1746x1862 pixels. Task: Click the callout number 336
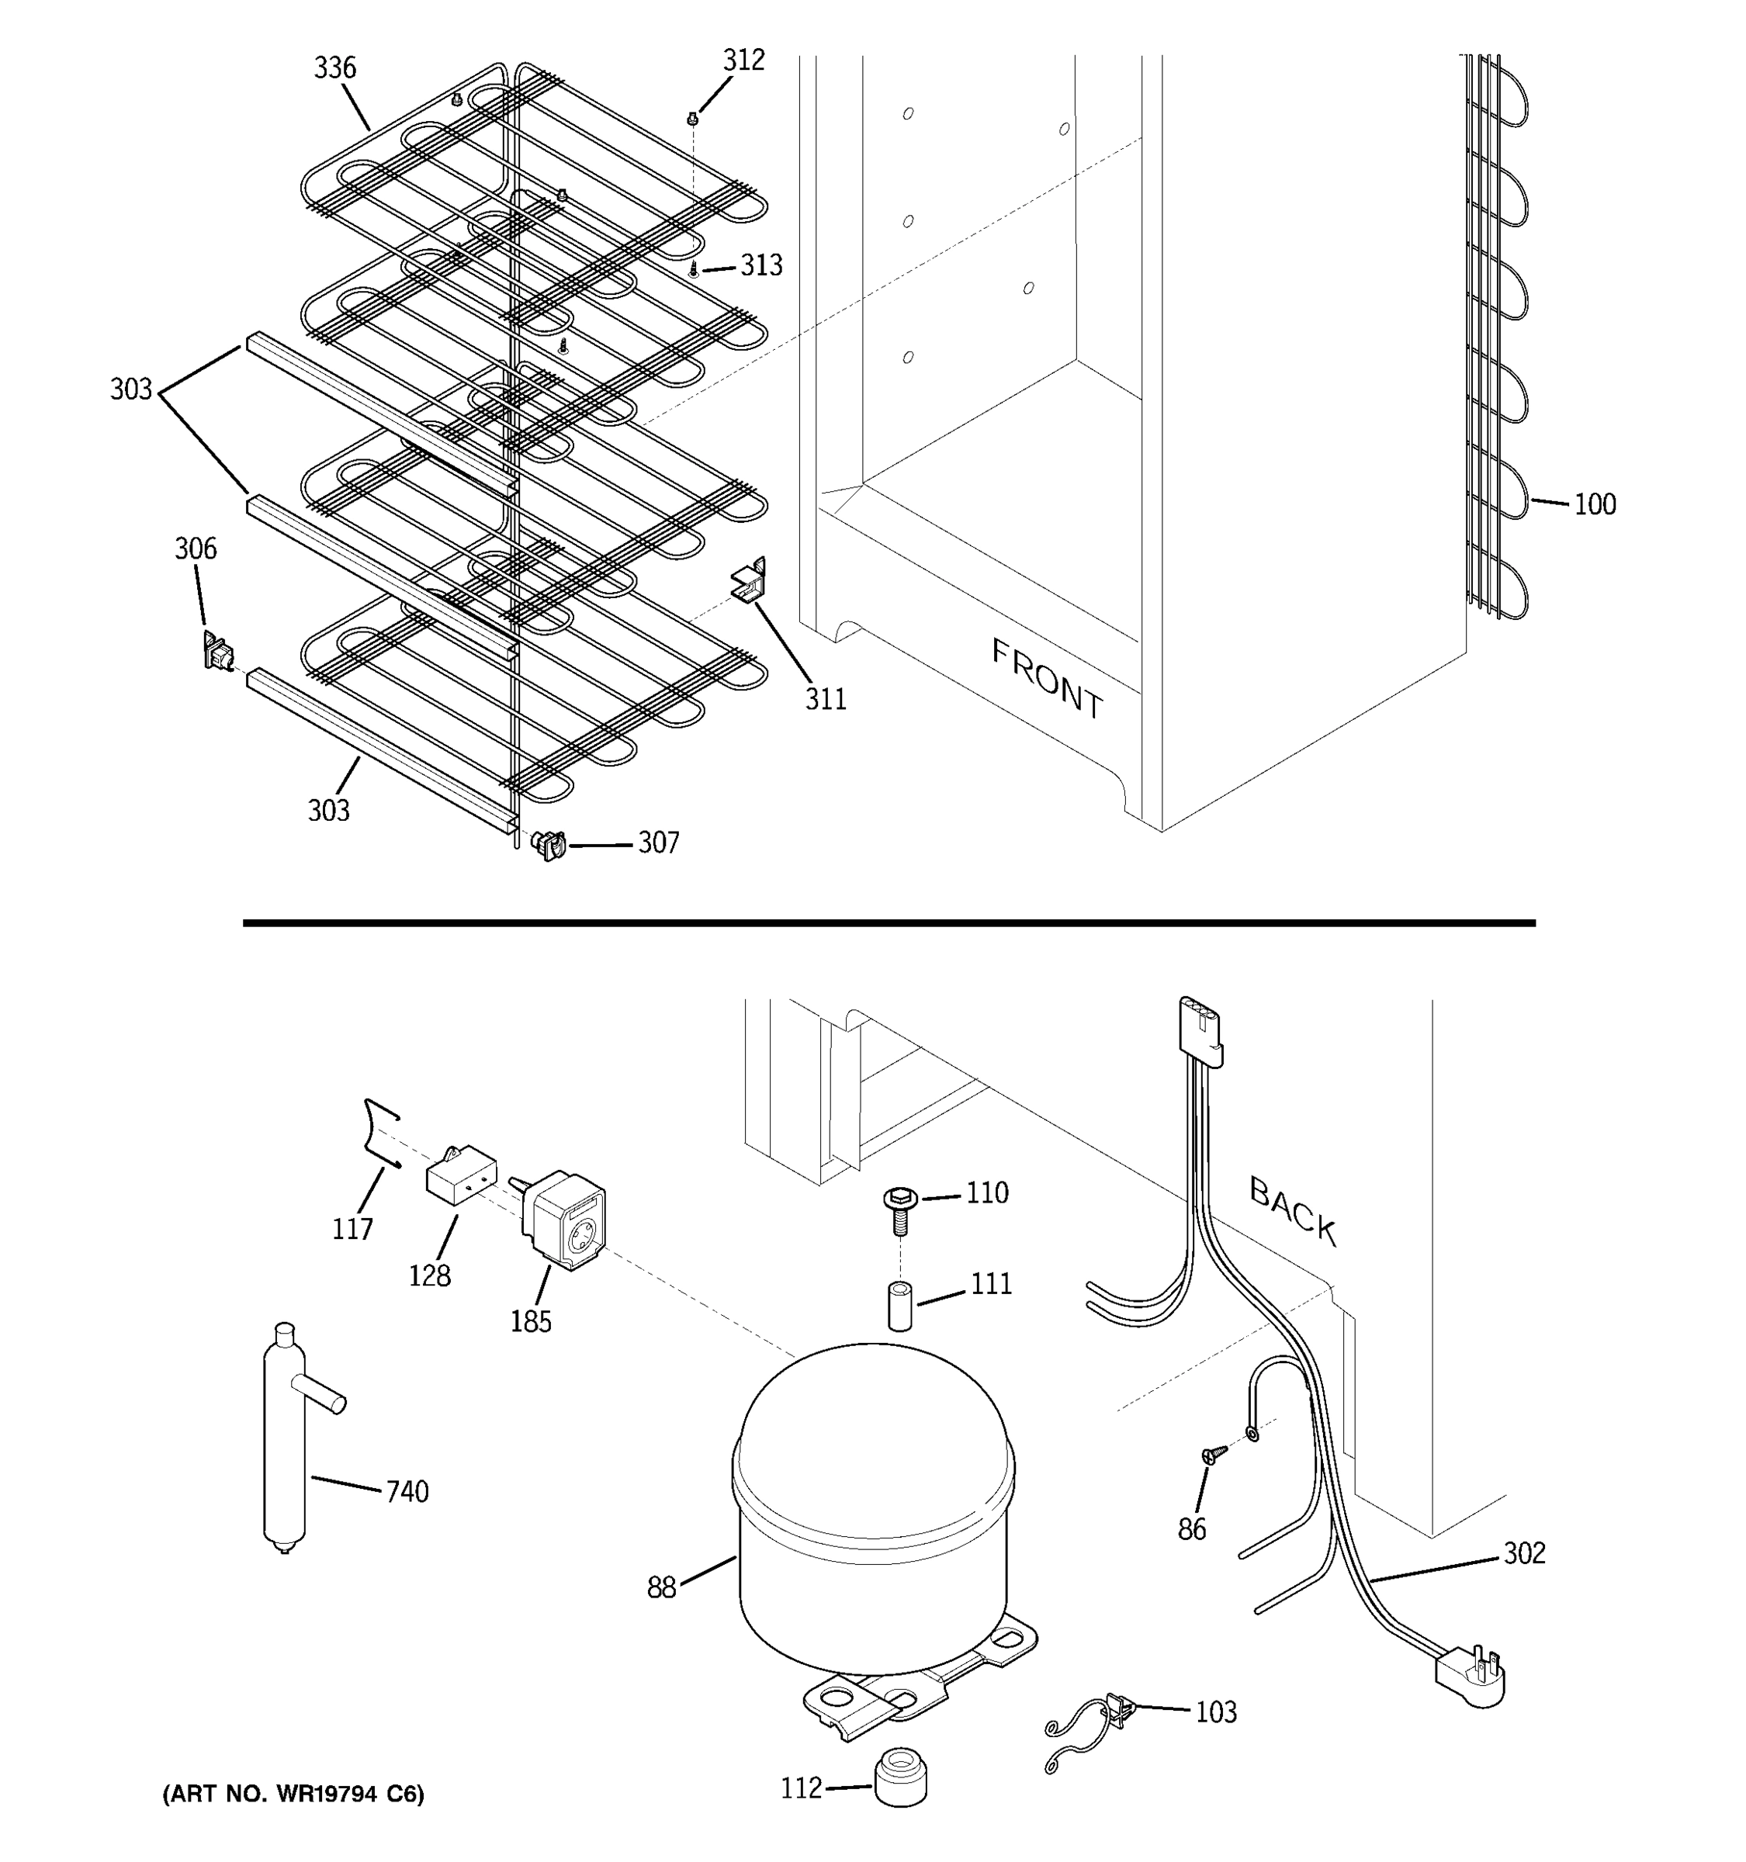pos(334,68)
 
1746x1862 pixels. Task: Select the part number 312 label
pos(743,61)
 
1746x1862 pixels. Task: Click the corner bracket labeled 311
pos(750,582)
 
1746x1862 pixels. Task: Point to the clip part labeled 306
pos(217,650)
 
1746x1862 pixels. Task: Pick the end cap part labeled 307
pos(549,845)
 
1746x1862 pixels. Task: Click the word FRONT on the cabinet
pos(1048,679)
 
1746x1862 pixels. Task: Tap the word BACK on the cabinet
pos(1293,1211)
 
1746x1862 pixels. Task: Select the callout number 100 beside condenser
pos(1594,505)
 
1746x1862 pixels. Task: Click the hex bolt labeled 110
pos(899,1210)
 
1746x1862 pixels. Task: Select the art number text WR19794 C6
pos(293,1794)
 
